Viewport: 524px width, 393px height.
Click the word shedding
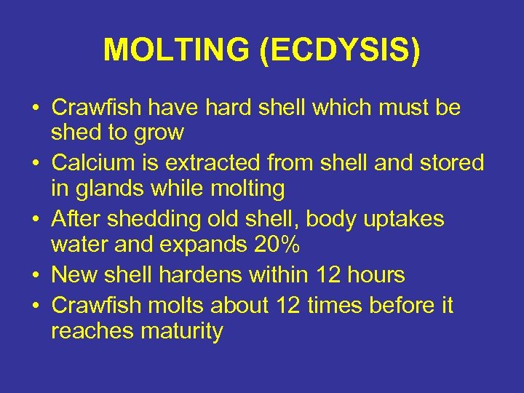143,219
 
